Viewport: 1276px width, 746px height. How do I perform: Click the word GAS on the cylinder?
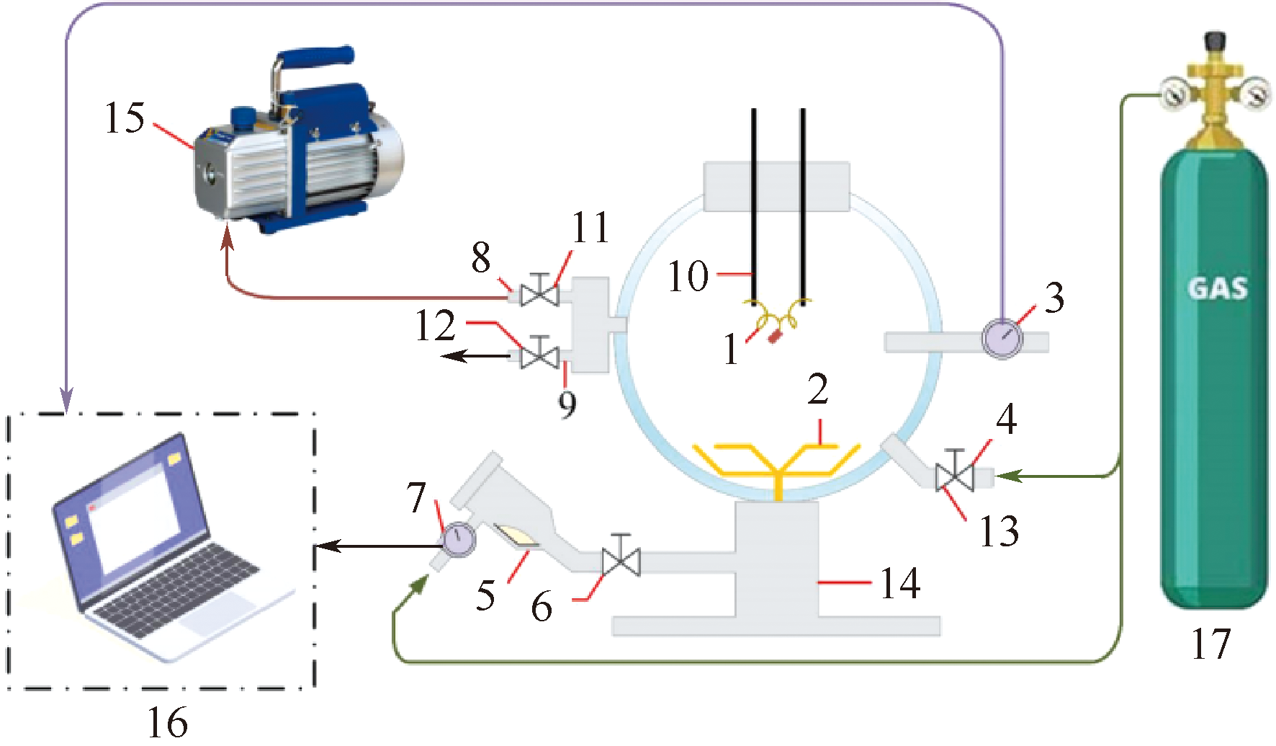(x=1217, y=288)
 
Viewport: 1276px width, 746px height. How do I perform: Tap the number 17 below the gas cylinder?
(x=1210, y=644)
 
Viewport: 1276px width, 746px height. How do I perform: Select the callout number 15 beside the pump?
(x=125, y=117)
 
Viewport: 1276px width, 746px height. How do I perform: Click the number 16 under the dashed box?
(x=167, y=721)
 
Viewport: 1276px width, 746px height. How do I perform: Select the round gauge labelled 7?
(x=458, y=540)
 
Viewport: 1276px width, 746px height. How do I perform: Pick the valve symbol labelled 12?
(x=539, y=355)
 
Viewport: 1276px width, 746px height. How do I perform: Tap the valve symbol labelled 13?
(x=954, y=476)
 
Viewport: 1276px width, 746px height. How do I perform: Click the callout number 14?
(x=900, y=583)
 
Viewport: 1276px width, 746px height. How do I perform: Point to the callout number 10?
(x=688, y=276)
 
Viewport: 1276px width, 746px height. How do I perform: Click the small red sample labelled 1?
(x=775, y=336)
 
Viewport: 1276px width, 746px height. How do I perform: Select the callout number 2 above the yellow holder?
(x=817, y=390)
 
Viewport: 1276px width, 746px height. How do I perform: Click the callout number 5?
(x=486, y=595)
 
